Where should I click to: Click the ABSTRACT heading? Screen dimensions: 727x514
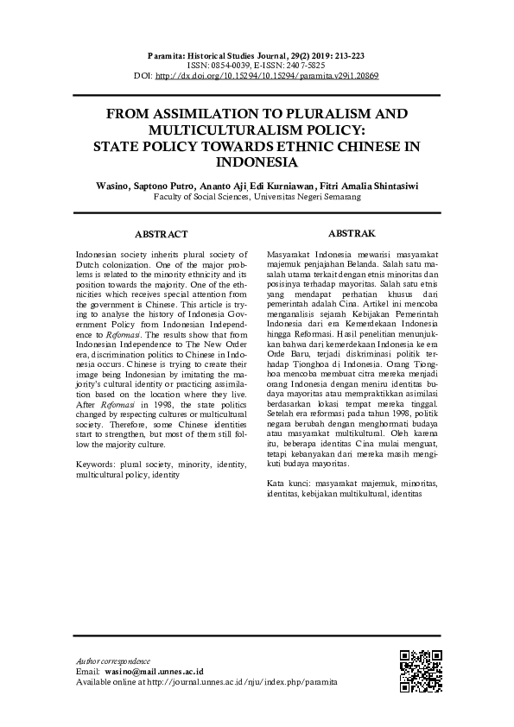(x=162, y=234)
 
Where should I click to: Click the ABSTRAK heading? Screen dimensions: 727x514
(x=352, y=233)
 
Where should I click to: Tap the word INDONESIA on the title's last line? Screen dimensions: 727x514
(x=257, y=161)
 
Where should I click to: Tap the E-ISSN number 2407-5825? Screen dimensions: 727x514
(x=308, y=65)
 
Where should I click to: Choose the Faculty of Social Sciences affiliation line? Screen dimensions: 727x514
(x=257, y=197)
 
